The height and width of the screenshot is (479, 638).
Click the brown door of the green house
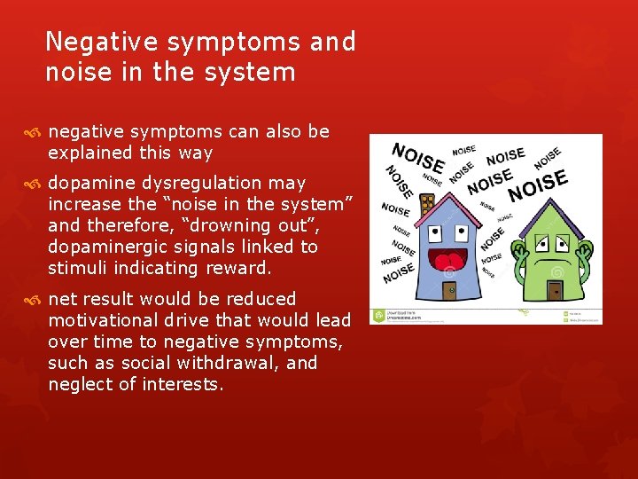(555, 290)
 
